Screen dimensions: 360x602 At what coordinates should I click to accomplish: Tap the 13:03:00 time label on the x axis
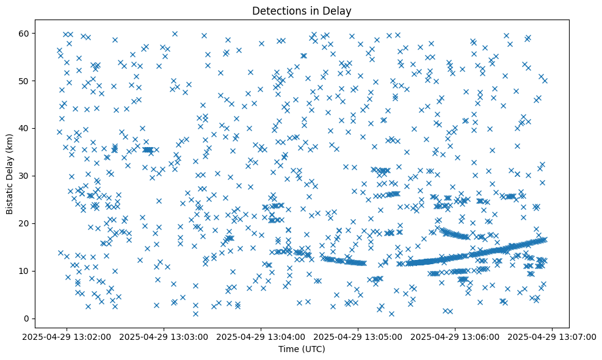[x=164, y=336]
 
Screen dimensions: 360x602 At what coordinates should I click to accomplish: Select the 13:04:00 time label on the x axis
[x=261, y=336]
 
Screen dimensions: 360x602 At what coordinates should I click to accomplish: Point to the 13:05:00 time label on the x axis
[x=358, y=336]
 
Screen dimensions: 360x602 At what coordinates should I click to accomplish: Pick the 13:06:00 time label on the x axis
[x=455, y=336]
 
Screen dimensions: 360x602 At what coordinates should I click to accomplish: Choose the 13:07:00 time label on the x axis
[x=553, y=336]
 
